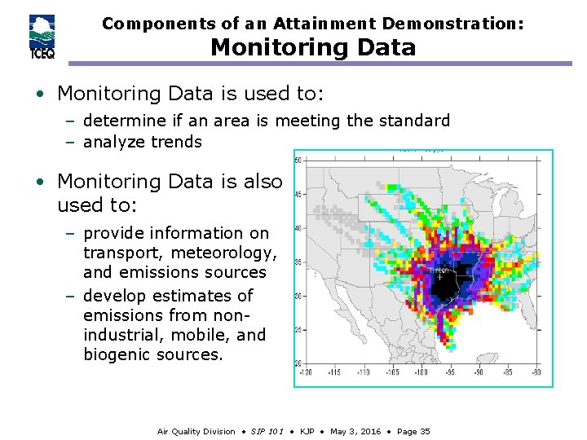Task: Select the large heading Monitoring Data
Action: pos(313,48)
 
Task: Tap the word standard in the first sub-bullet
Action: pos(410,121)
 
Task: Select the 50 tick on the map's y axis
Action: pos(298,161)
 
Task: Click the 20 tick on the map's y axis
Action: pos(298,363)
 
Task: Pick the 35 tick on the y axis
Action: pos(298,262)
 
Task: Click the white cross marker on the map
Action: pos(440,277)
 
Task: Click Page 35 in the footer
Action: pos(413,431)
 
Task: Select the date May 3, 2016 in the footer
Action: pos(355,431)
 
